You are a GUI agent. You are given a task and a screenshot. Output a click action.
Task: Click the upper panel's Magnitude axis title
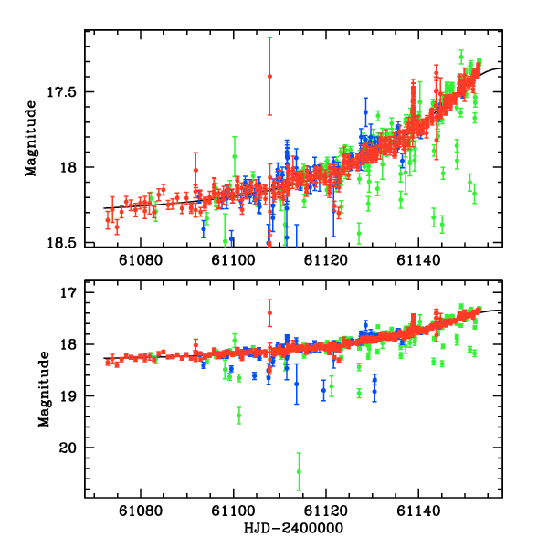click(31, 138)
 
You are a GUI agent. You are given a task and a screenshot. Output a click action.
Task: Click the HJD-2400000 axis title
click(290, 528)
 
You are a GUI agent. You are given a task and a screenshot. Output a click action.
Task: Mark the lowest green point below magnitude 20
click(299, 472)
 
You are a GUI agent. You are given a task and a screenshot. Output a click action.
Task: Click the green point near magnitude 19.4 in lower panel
click(239, 416)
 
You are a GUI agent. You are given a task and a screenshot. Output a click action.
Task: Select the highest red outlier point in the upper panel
click(269, 76)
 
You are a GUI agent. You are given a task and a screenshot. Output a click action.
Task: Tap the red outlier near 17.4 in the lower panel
click(269, 313)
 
